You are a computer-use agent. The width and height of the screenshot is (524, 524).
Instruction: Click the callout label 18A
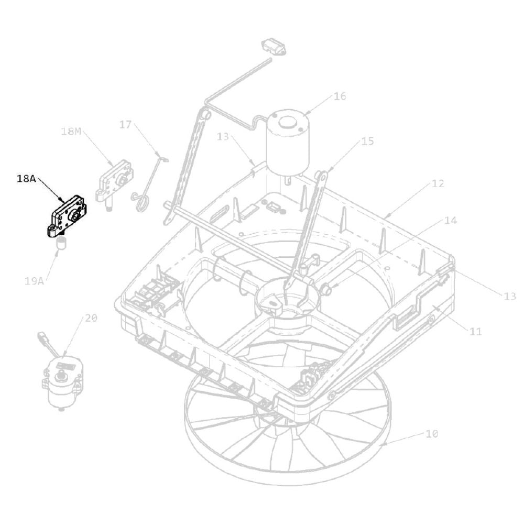click(x=26, y=179)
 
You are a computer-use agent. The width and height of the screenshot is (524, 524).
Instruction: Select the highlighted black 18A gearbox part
click(x=69, y=216)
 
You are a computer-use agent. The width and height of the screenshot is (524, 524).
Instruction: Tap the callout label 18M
click(x=71, y=132)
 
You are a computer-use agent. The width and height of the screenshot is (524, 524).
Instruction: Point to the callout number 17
click(x=125, y=125)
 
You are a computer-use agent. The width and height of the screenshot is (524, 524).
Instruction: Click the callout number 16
click(x=340, y=96)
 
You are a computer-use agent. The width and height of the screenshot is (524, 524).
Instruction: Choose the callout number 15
click(x=367, y=141)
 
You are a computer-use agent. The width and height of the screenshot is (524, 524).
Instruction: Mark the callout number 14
click(x=450, y=221)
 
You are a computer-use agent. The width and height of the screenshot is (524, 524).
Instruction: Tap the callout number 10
click(x=432, y=434)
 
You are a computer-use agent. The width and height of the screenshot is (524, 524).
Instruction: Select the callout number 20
click(x=91, y=318)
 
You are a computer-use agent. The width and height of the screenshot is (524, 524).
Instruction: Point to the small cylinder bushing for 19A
click(x=62, y=243)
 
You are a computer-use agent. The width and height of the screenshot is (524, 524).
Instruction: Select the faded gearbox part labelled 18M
click(x=114, y=181)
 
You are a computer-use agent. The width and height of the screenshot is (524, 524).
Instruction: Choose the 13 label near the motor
click(x=224, y=137)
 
